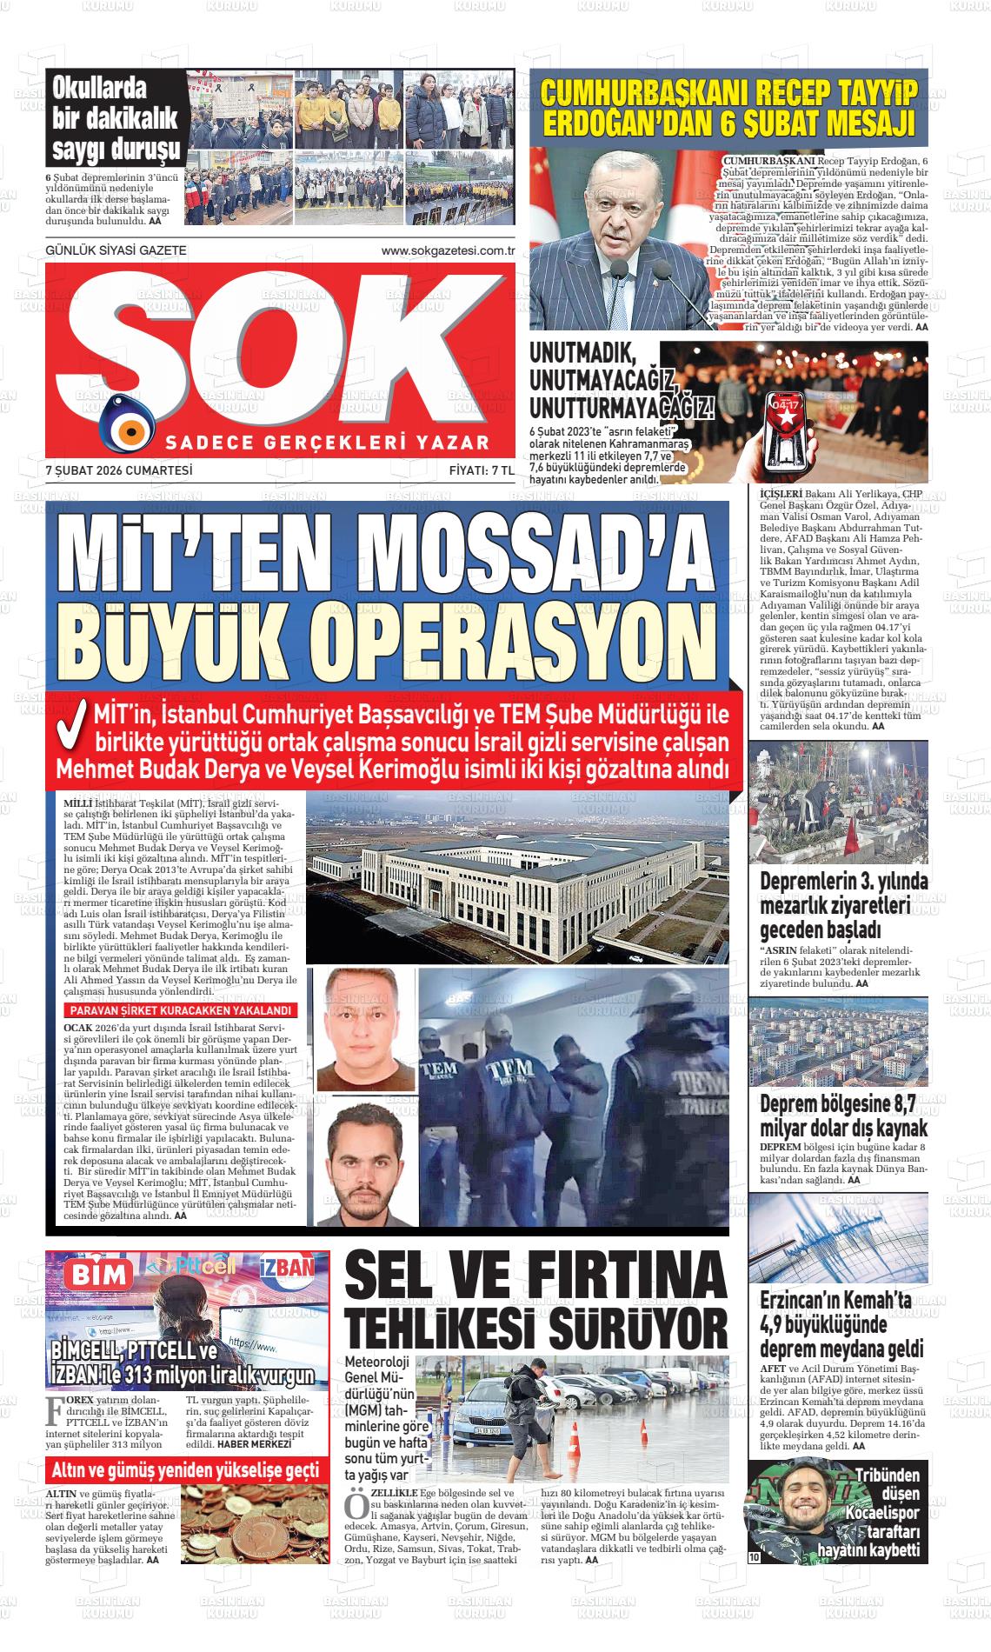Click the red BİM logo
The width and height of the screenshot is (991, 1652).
[x=93, y=1276]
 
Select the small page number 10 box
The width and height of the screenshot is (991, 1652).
[x=754, y=1557]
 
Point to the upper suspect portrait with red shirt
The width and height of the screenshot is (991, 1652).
[x=366, y=1029]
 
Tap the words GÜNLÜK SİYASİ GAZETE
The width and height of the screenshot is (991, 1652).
[x=116, y=250]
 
